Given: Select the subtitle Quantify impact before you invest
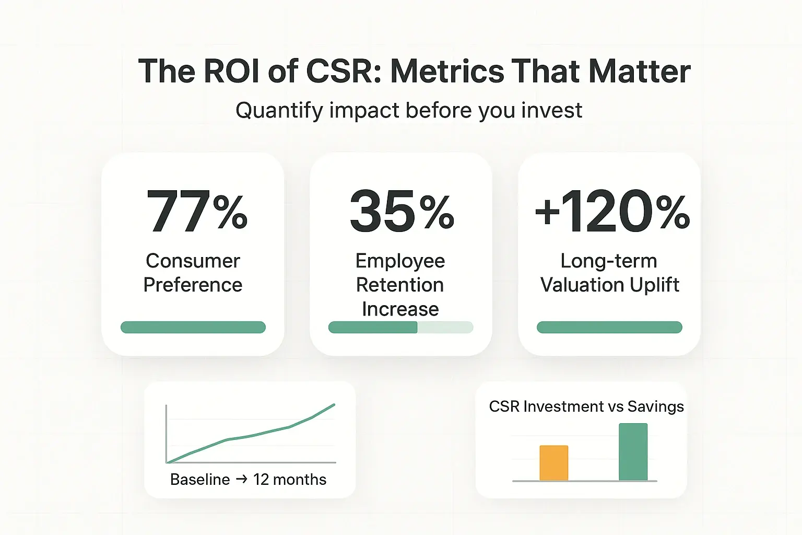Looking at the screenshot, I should [x=409, y=110].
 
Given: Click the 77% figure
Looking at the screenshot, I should [x=197, y=212].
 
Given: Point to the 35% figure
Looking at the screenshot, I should [x=402, y=212].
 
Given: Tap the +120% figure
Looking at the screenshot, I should [x=612, y=212].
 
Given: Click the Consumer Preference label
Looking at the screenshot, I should [x=193, y=273].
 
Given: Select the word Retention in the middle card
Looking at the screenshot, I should [x=400, y=285].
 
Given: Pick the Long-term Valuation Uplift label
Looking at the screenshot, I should [x=609, y=273].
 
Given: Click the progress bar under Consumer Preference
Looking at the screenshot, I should [x=193, y=327].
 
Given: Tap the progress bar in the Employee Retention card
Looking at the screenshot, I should [x=400, y=327].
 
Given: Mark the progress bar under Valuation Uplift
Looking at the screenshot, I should [x=609, y=327].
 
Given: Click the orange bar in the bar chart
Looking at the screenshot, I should [x=553, y=463].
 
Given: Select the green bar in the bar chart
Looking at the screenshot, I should [x=633, y=452].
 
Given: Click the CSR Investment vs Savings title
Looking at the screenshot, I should [x=586, y=406].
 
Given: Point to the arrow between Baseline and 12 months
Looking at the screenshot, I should [x=241, y=479].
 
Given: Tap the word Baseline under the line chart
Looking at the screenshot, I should [x=200, y=479].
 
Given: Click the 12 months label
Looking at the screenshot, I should [x=290, y=479].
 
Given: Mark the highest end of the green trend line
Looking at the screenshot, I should [x=334, y=405].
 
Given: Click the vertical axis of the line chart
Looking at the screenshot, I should [x=166, y=434].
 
